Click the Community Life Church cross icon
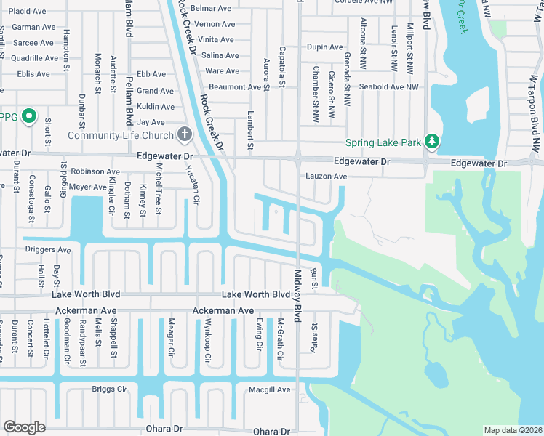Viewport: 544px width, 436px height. coord(185,134)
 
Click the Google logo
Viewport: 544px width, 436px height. coord(24,427)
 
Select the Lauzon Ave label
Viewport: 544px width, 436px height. coord(326,177)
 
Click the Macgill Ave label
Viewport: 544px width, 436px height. coord(270,390)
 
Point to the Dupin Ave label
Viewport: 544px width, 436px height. coord(324,47)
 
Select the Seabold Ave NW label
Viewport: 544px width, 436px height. coord(389,87)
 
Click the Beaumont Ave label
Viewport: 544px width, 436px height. coord(234,87)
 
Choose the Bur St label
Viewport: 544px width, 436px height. coord(314,278)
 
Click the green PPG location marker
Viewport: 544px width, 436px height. coord(29,116)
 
